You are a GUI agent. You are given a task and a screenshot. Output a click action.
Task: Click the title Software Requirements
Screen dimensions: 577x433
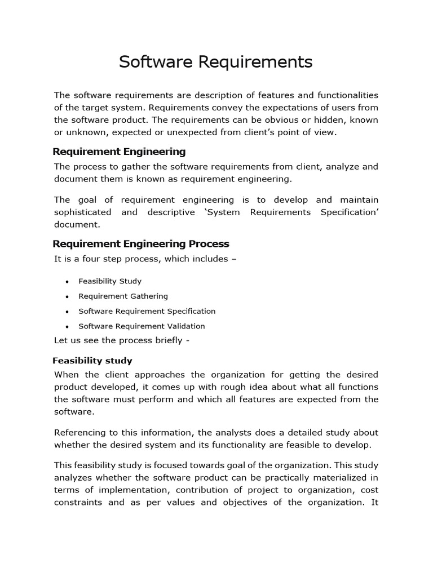coord(215,62)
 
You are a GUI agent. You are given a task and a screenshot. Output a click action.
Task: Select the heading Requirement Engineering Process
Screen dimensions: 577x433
coord(141,244)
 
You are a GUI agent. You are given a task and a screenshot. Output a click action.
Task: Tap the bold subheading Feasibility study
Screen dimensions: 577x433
coord(92,361)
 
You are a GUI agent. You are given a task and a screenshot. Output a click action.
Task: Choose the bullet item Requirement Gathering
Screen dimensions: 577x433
coord(123,296)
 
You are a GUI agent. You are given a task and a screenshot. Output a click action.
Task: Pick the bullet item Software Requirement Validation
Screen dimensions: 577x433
coord(142,326)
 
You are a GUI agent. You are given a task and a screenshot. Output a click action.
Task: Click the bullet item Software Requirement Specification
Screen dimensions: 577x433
coord(147,311)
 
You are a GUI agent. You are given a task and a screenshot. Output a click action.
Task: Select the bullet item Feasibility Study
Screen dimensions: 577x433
coord(110,281)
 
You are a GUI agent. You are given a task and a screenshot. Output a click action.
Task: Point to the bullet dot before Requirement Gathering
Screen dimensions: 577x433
coord(67,296)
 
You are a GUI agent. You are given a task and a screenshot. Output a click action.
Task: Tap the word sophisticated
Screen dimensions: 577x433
coord(82,212)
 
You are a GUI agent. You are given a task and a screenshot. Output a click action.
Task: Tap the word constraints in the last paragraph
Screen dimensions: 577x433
coord(77,503)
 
